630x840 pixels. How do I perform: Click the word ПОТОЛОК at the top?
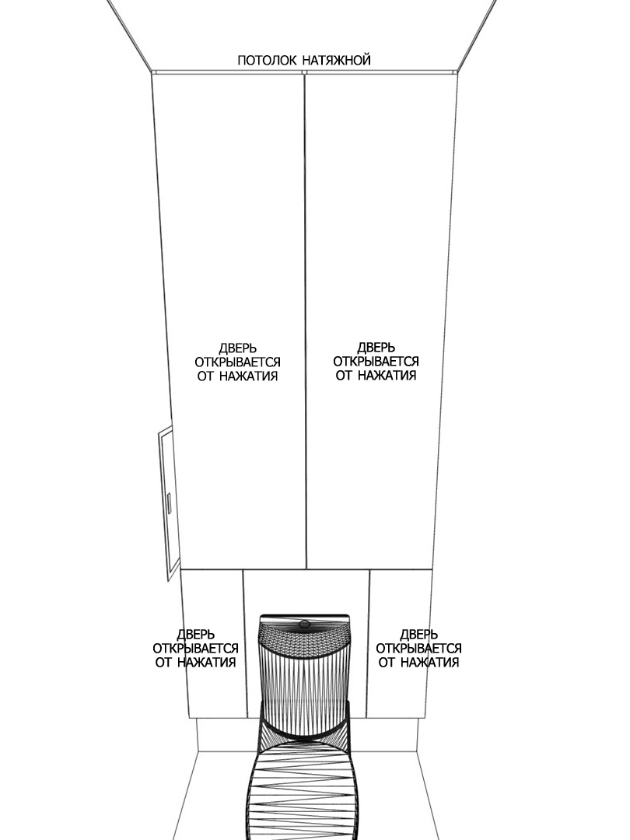pos(266,60)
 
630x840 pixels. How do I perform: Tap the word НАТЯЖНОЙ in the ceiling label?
pos(337,59)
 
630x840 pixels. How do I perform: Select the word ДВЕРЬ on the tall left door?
pos(237,348)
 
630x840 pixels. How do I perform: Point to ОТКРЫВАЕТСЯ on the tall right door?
pos(376,361)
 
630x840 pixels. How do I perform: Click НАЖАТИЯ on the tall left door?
pos(248,376)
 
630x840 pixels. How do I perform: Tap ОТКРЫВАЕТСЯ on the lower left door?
pos(195,648)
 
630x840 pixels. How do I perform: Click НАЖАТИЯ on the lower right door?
pos(429,662)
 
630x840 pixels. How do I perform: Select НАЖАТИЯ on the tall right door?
pos(387,375)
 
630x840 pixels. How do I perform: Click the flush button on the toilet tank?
pos(304,623)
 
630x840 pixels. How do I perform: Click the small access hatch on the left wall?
pos(168,503)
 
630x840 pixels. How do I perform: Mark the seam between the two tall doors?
pos(305,320)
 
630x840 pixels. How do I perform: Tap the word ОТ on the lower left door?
pos(164,662)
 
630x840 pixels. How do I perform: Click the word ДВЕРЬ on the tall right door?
pos(376,348)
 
